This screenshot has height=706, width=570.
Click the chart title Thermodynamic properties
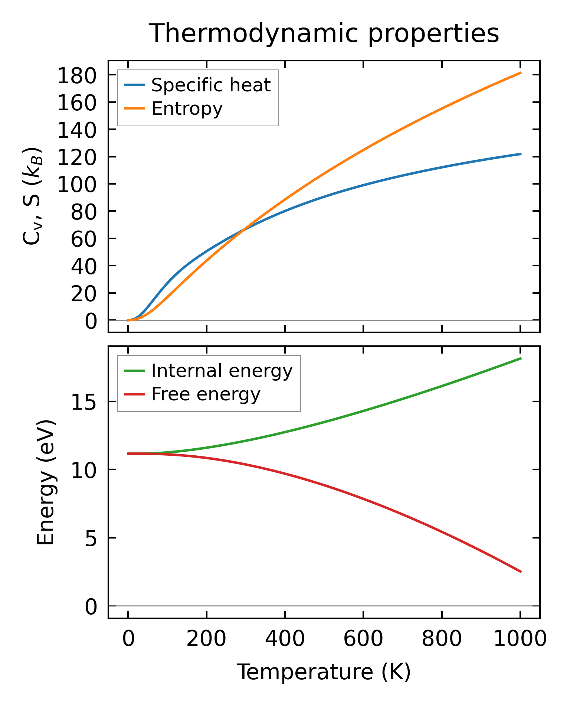pyautogui.click(x=324, y=33)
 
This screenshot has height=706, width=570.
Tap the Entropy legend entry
pyautogui.click(x=187, y=108)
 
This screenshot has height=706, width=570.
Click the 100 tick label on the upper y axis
pyautogui.click(x=77, y=184)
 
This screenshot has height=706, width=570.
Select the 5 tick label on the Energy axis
pyautogui.click(x=91, y=538)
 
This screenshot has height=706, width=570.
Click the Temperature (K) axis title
pyautogui.click(x=324, y=672)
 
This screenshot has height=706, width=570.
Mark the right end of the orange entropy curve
pyautogui.click(x=521, y=73)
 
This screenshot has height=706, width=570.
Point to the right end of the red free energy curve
pyautogui.click(x=521, y=572)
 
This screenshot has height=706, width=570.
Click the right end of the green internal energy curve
pyautogui.click(x=521, y=358)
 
